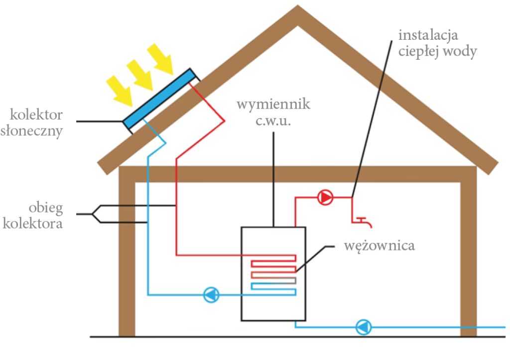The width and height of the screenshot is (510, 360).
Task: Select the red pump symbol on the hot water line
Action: (x=325, y=198)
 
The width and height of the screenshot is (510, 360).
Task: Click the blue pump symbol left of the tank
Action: (x=212, y=295)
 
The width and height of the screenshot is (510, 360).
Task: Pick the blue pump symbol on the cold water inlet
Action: (x=364, y=327)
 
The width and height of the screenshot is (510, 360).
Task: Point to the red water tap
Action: (x=362, y=220)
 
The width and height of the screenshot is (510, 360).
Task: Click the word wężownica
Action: (x=380, y=245)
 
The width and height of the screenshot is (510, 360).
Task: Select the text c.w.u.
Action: (x=273, y=121)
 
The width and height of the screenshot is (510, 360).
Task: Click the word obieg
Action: (x=46, y=207)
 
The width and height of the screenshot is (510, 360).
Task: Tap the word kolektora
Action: (x=33, y=223)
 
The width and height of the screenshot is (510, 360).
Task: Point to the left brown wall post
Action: (x=127, y=259)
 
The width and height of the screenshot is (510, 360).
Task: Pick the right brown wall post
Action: (x=469, y=259)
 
